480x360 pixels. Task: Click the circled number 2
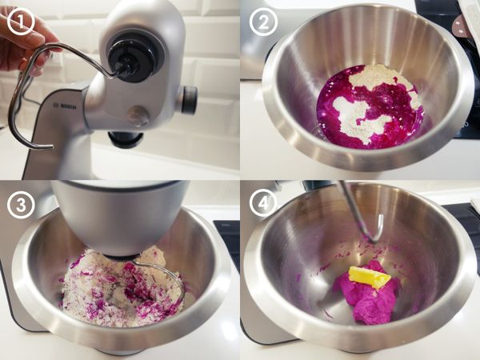(263, 22)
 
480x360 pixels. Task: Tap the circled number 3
(21, 204)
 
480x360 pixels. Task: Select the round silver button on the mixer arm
(138, 116)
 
